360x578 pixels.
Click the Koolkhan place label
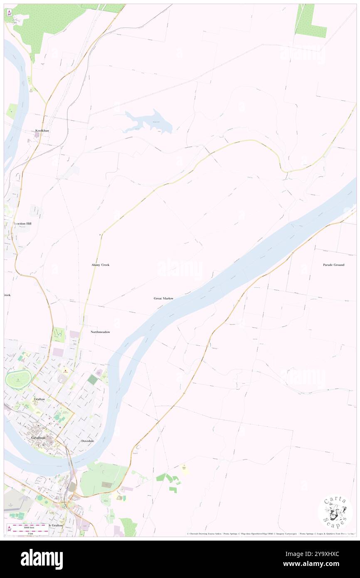42,131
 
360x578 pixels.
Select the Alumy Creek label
100,264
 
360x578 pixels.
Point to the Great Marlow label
163,298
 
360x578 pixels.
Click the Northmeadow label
100,332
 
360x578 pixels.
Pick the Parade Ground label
333,264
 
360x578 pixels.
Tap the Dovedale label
88,440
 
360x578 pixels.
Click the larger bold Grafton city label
39,438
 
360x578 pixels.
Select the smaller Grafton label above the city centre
39,399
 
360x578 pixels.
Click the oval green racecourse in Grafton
18,378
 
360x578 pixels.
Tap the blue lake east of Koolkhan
150,121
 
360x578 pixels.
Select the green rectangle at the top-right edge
311,20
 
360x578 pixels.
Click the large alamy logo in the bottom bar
42,559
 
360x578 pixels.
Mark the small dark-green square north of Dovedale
93,379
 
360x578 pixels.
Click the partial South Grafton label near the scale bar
55,525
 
